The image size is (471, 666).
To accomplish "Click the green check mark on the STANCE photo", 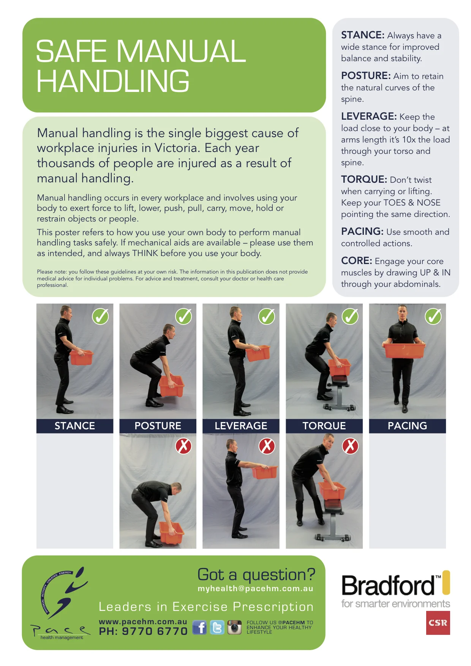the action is click(x=101, y=316).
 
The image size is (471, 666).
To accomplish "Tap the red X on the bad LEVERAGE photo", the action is click(x=267, y=446).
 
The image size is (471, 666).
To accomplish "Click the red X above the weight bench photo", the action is click(x=350, y=446).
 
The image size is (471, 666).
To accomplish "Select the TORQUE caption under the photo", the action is click(x=324, y=426).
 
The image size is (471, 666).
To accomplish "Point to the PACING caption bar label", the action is click(x=407, y=426).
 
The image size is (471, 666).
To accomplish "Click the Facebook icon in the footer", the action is click(x=199, y=628).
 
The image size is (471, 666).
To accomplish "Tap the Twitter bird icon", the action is click(x=217, y=628).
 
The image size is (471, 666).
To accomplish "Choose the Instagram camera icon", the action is click(x=234, y=628).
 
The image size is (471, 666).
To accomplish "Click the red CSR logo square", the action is click(x=438, y=623).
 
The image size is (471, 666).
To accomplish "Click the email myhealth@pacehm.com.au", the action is click(x=255, y=588).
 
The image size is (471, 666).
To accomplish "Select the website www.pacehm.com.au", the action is click(x=143, y=622).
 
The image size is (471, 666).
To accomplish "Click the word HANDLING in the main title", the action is click(x=113, y=81).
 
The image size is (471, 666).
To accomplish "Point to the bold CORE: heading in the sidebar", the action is click(x=356, y=261).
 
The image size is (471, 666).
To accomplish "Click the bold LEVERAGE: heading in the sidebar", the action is click(x=369, y=116).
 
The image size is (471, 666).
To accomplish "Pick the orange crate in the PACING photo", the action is click(x=405, y=350).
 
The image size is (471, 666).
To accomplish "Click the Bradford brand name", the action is click(x=389, y=585).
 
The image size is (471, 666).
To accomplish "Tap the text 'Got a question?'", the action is click(x=256, y=574).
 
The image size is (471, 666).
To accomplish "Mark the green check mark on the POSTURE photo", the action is click(x=183, y=316).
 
